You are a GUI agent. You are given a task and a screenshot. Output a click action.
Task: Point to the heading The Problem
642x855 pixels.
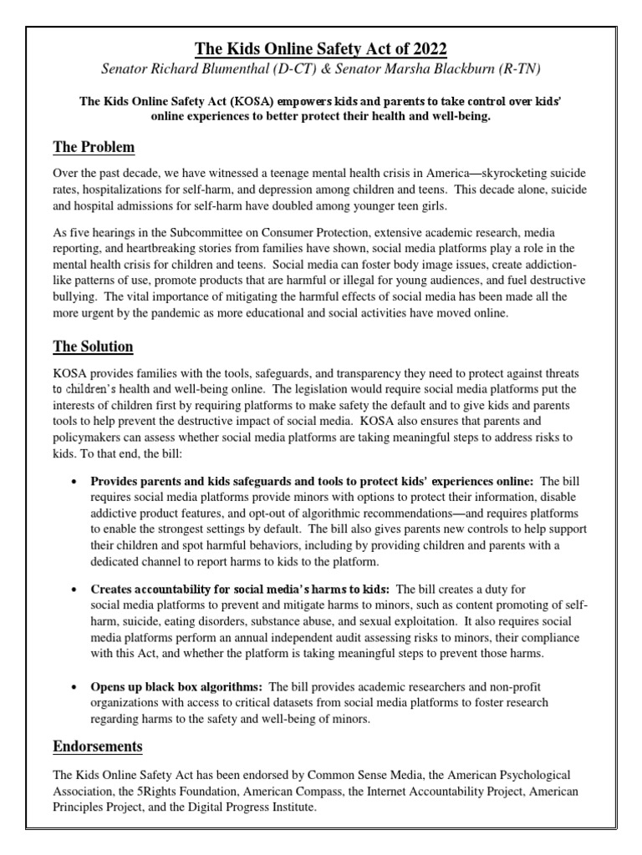pos(94,148)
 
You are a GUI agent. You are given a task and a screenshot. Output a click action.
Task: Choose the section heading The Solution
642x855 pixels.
pos(93,346)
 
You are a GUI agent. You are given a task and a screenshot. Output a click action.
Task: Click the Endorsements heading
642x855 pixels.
pos(98,746)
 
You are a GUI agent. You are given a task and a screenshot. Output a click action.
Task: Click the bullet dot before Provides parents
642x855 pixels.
pos(76,482)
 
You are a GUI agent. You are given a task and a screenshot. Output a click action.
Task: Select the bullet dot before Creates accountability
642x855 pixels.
pos(76,590)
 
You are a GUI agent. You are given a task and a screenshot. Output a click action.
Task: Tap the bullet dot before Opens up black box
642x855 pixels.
pos(76,686)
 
